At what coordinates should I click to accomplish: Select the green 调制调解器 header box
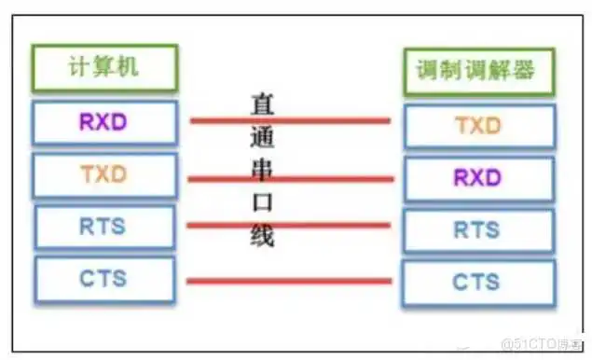tap(477, 70)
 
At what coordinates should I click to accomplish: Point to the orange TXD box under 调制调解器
tap(477, 124)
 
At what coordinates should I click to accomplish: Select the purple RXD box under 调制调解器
tap(477, 177)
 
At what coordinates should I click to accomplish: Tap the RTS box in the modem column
tap(477, 229)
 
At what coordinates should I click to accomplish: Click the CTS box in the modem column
tap(477, 282)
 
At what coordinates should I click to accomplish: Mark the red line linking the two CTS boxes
tap(289, 280)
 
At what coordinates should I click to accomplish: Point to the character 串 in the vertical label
tap(262, 169)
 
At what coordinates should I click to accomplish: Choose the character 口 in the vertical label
tap(262, 202)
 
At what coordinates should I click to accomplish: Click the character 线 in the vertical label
tap(262, 234)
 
